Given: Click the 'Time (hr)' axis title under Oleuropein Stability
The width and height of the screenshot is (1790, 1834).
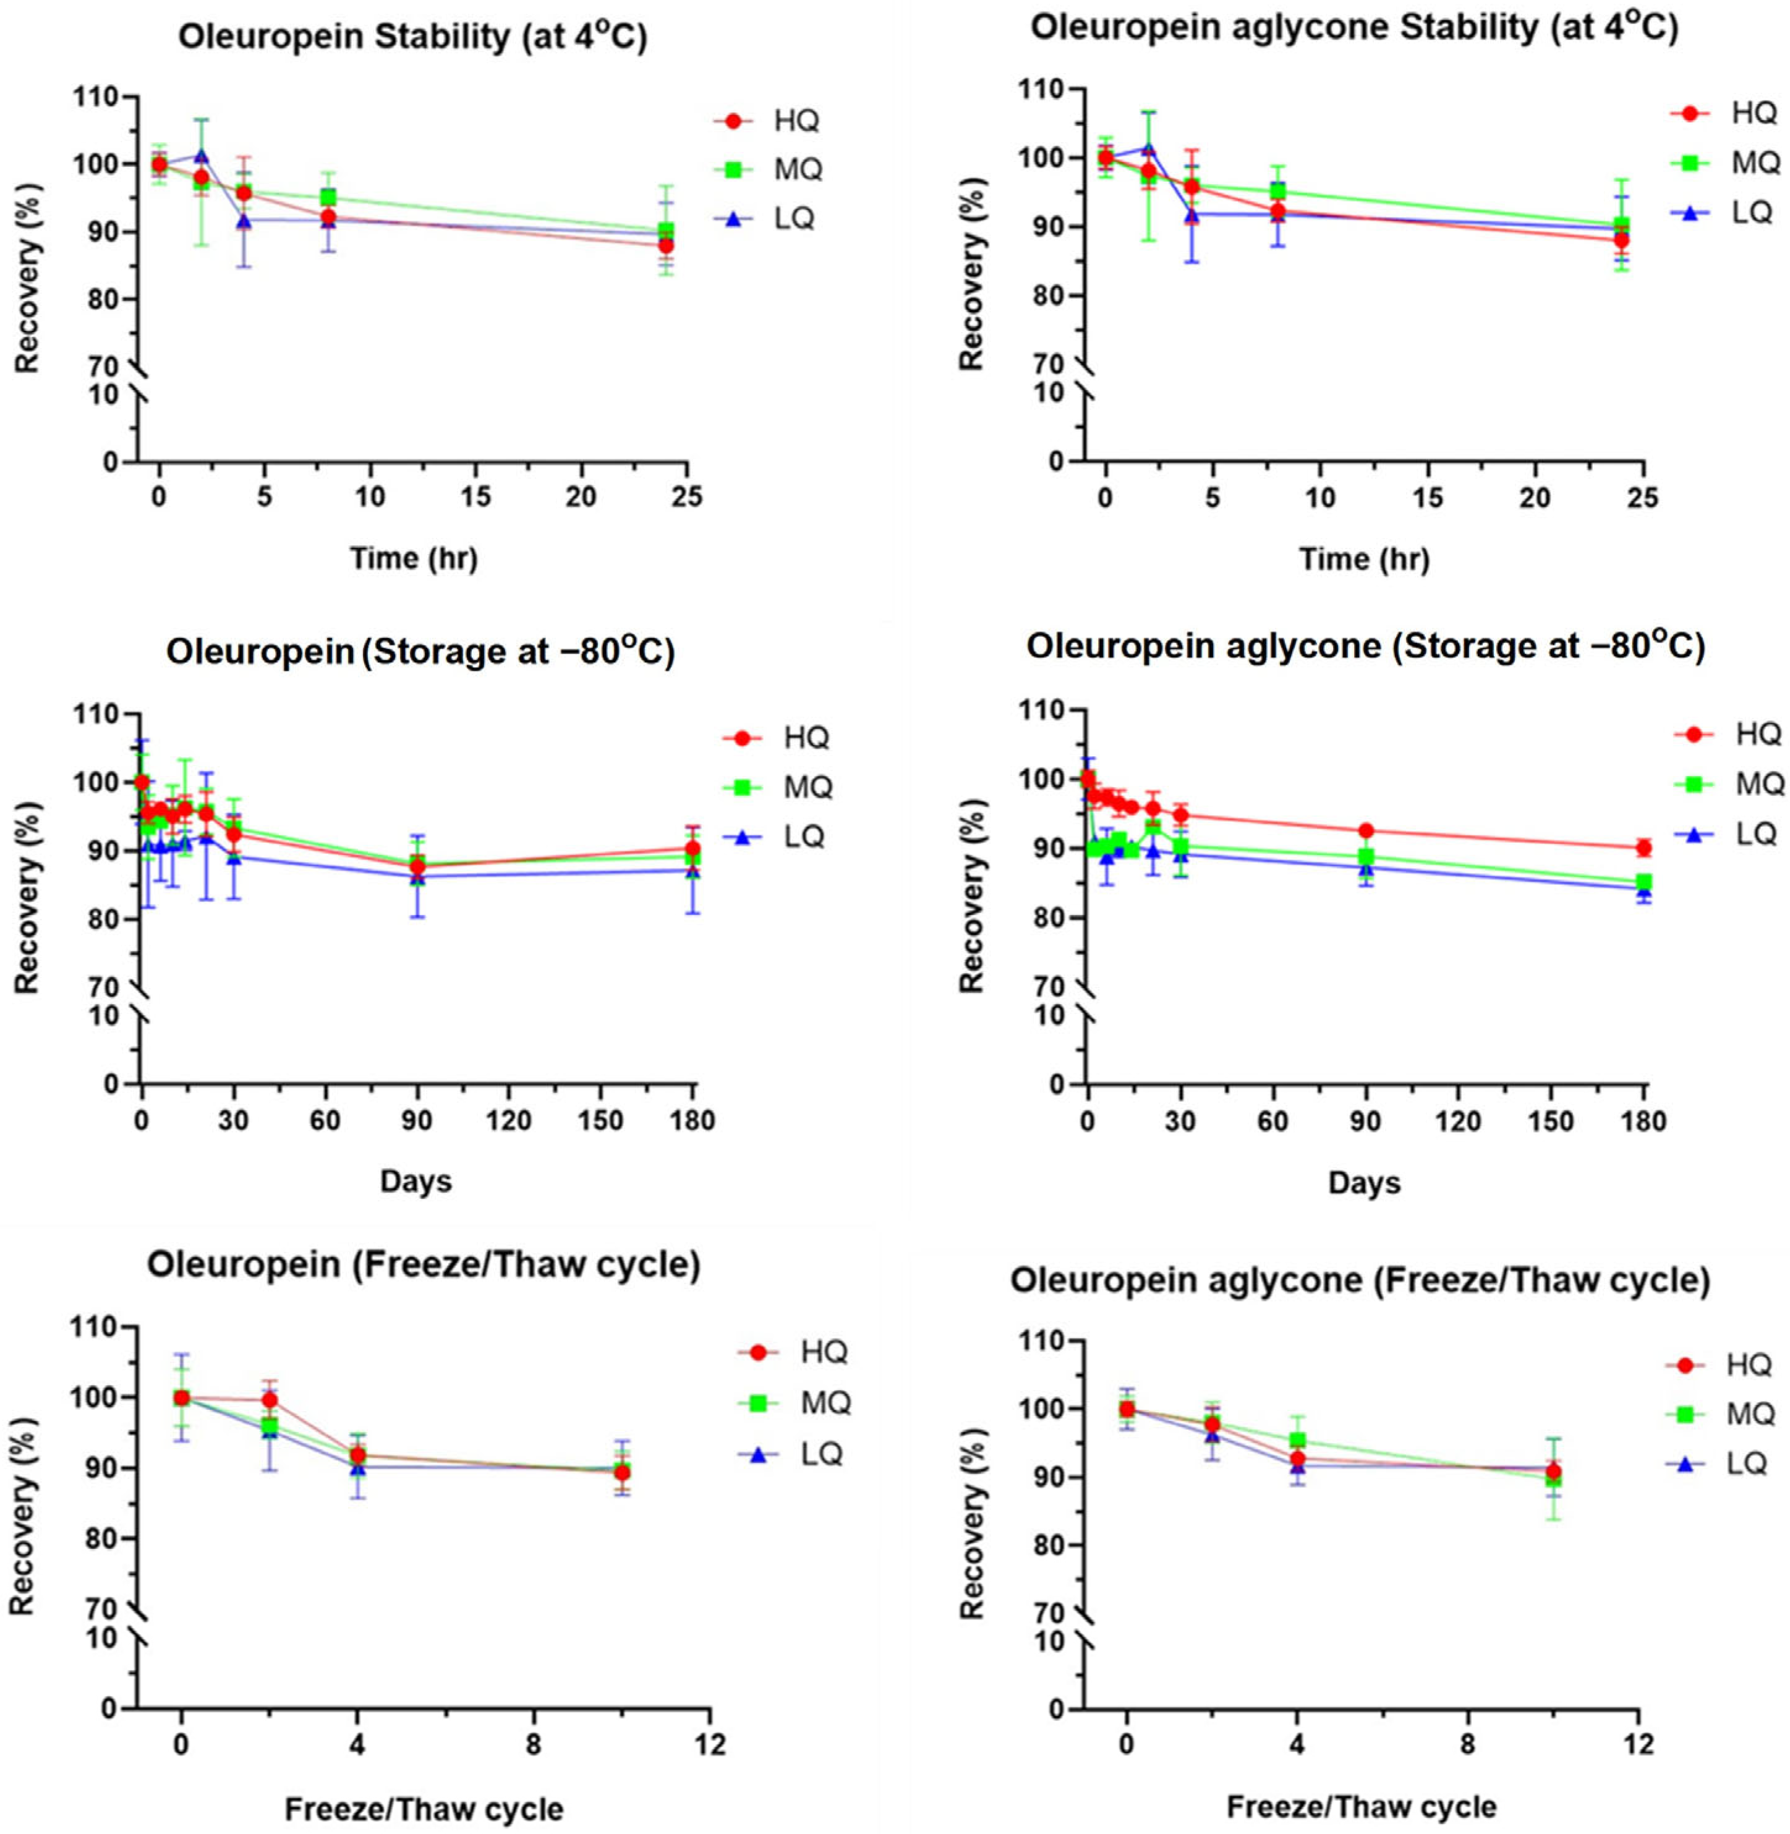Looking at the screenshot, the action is [414, 558].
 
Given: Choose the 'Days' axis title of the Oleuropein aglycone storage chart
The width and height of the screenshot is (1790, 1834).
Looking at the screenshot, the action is [1364, 1182].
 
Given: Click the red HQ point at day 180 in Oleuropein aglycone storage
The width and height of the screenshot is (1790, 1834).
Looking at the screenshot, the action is [1643, 848].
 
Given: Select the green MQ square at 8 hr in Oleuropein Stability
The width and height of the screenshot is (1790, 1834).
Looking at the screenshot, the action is [328, 197].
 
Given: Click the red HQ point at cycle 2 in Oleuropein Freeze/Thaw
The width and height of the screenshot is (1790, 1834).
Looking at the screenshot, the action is [270, 1400].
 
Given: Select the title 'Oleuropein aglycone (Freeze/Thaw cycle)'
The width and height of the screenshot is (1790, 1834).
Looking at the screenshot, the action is [1360, 1281].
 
